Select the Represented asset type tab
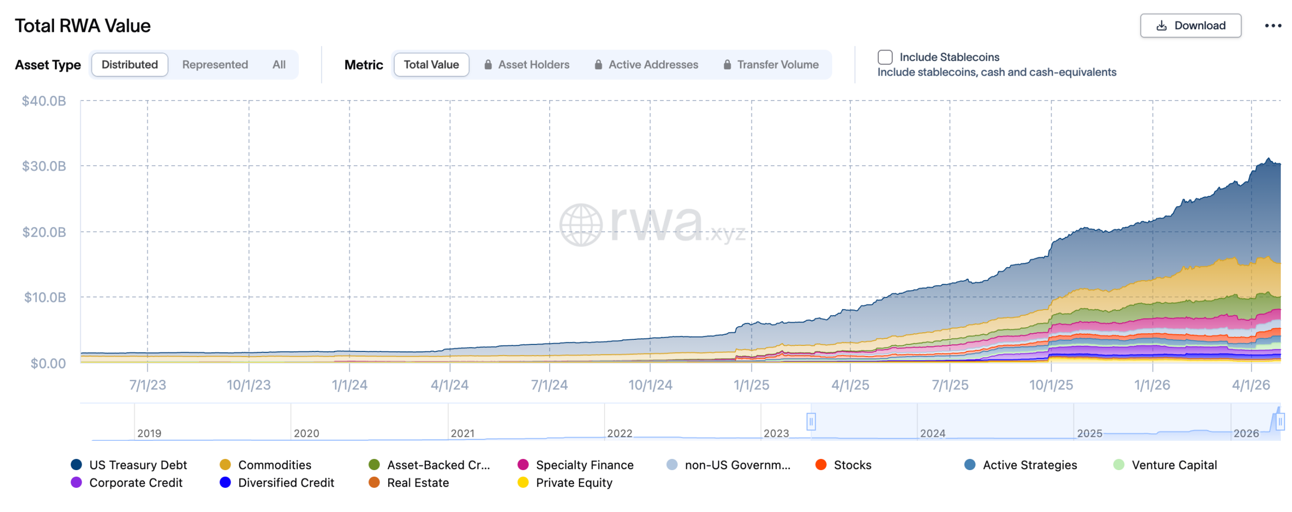pyautogui.click(x=214, y=65)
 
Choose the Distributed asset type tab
pyautogui.click(x=129, y=65)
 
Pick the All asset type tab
pyautogui.click(x=279, y=65)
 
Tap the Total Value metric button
pyautogui.click(x=430, y=65)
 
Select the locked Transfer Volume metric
pyautogui.click(x=771, y=65)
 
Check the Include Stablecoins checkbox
pyautogui.click(x=885, y=57)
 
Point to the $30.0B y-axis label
pyautogui.click(x=44, y=166)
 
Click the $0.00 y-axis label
pyautogui.click(x=48, y=363)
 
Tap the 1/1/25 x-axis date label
pyautogui.click(x=751, y=385)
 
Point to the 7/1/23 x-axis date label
pyautogui.click(x=147, y=385)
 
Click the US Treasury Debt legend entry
pyautogui.click(x=137, y=465)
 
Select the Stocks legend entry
pyautogui.click(x=852, y=465)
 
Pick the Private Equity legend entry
pyautogui.click(x=573, y=482)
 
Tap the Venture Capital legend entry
pyautogui.click(x=1173, y=465)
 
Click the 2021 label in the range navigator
pyautogui.click(x=462, y=433)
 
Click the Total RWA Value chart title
pyautogui.click(x=83, y=26)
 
